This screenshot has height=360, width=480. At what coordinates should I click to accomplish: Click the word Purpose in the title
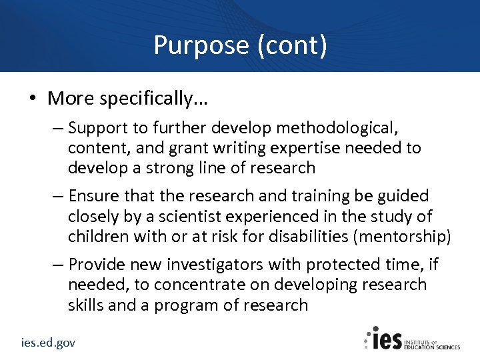pos(201,45)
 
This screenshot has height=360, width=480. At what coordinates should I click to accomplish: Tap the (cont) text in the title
pos(291,45)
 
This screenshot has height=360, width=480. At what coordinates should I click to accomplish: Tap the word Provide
pos(98,265)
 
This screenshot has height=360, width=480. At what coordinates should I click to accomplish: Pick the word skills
pos(85,305)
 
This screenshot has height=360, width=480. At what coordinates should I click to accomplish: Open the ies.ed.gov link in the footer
pos(47,343)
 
